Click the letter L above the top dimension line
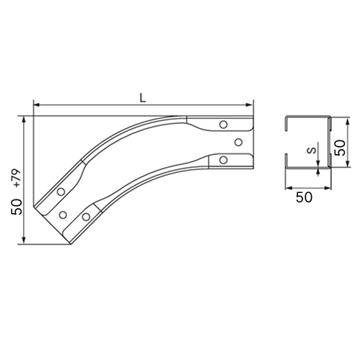click(143, 98)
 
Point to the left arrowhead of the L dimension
click(37, 105)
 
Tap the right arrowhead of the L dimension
click(250, 105)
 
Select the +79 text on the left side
click(17, 178)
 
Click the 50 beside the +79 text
click(17, 207)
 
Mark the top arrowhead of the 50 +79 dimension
click(24, 120)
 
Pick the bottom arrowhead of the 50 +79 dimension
click(24, 240)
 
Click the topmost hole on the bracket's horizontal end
click(223, 125)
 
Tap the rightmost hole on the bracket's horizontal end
click(238, 143)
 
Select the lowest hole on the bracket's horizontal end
click(223, 160)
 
